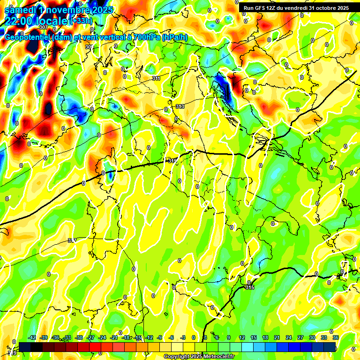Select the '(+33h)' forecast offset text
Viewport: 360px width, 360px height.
pyautogui.click(x=81, y=21)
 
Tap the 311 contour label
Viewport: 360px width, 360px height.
pyautogui.click(x=156, y=78)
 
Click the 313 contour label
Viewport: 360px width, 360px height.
pyautogui.click(x=180, y=107)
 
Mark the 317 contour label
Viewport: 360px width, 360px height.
pyautogui.click(x=72, y=240)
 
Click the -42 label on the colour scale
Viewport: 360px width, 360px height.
pyautogui.click(x=32, y=337)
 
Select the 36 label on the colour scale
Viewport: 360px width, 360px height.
pyautogui.click(x=335, y=337)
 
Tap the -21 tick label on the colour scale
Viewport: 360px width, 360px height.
pyautogui.click(x=114, y=337)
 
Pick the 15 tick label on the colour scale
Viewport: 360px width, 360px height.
pyautogui.click(x=254, y=337)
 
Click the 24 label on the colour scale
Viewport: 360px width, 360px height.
pyautogui.click(x=289, y=337)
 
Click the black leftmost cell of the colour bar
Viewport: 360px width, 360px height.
pyautogui.click(x=25, y=346)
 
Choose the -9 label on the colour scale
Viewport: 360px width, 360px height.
pyautogui.click(x=160, y=337)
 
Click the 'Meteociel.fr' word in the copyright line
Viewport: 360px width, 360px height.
pyautogui.click(x=218, y=357)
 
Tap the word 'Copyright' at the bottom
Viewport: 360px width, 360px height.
pyautogui.click(x=177, y=357)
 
